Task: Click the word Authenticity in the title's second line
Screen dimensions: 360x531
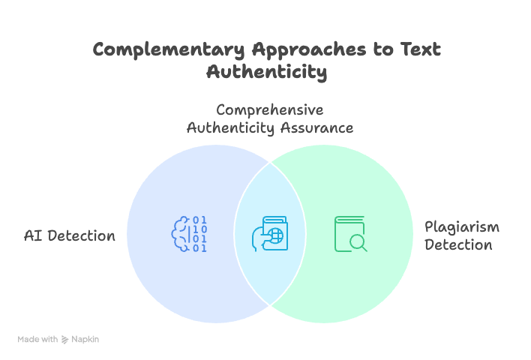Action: pos(266,72)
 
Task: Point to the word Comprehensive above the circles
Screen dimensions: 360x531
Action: pos(270,109)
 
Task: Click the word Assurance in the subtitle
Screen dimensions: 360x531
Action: pos(316,127)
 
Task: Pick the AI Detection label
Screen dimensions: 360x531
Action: pos(70,235)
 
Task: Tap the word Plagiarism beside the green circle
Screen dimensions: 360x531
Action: pos(461,226)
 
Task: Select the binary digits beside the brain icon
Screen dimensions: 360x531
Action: pos(199,233)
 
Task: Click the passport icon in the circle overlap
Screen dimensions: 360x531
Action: pos(269,234)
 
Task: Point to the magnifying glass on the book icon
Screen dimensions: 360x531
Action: pos(358,242)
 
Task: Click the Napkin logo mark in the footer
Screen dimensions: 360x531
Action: pos(65,340)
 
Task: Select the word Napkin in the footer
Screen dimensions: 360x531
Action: pos(85,340)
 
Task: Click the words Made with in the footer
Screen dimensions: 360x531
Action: pos(38,340)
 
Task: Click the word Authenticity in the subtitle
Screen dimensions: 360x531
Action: pos(231,127)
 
